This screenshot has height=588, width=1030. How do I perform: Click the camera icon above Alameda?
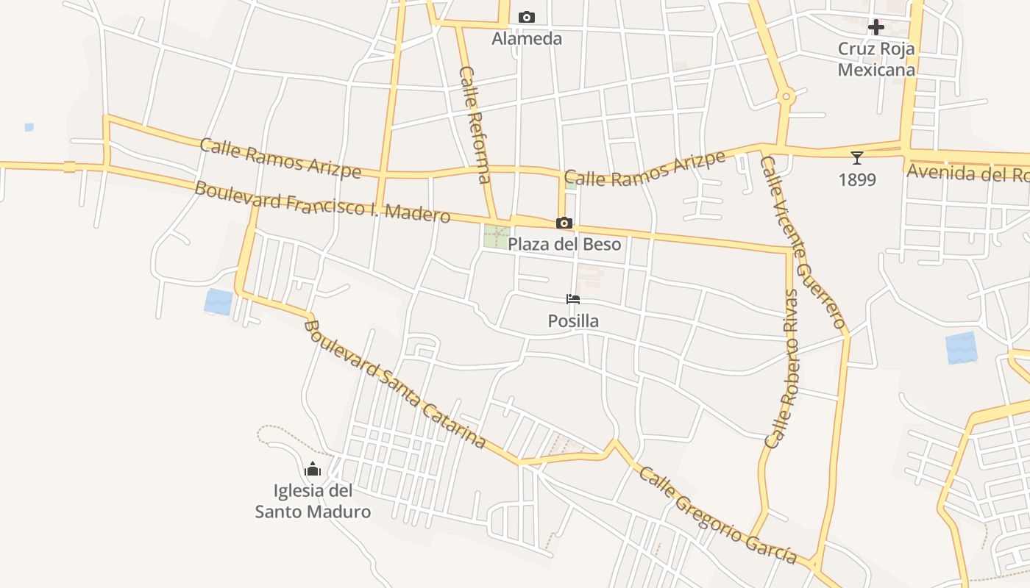click(x=527, y=17)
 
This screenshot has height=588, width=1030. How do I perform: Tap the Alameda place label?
click(x=527, y=38)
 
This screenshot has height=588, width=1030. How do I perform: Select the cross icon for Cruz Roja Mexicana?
click(x=876, y=27)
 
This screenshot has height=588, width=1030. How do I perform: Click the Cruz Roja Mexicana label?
click(x=876, y=60)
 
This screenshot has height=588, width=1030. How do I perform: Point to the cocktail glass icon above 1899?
click(x=856, y=158)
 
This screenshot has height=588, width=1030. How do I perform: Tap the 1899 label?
click(x=857, y=179)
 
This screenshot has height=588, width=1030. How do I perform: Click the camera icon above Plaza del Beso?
click(x=564, y=223)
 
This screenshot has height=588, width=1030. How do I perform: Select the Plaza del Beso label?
click(x=564, y=244)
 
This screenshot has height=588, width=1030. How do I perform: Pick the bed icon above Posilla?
click(x=573, y=299)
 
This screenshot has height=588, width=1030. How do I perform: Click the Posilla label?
click(x=573, y=320)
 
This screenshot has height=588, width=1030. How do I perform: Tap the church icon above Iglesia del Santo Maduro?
click(x=313, y=469)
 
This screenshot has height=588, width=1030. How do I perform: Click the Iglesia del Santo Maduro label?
click(x=313, y=501)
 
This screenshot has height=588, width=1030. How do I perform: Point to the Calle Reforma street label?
click(x=475, y=125)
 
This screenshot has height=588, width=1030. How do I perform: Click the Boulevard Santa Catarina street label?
click(x=395, y=384)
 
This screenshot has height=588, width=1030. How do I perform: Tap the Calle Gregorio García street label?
click(x=717, y=515)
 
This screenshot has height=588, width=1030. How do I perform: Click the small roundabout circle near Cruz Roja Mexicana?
click(x=786, y=96)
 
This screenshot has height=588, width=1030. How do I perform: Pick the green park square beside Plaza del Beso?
click(x=496, y=237)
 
